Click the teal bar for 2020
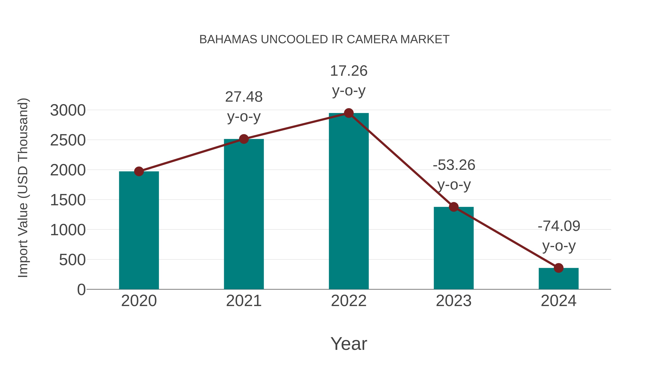[139, 231]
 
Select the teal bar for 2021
[244, 214]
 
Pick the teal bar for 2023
[454, 248]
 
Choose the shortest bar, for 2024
[559, 279]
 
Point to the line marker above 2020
[139, 172]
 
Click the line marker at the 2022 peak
[349, 113]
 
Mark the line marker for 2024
[559, 268]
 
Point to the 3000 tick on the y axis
[68, 110]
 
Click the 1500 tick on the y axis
[68, 200]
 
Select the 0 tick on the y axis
[81, 290]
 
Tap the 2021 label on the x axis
[244, 301]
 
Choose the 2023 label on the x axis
[454, 301]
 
